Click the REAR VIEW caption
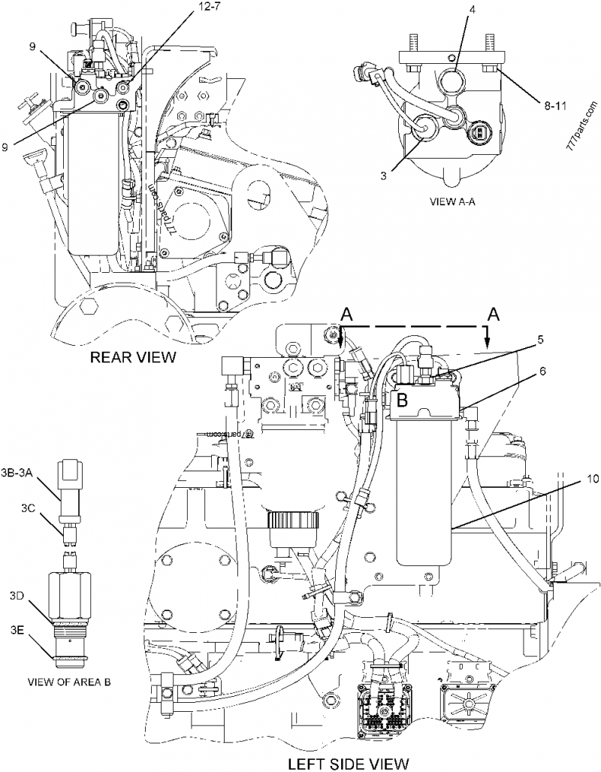pyautogui.click(x=133, y=357)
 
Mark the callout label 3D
pyautogui.click(x=18, y=596)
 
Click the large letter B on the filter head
pyautogui.click(x=403, y=401)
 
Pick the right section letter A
pyautogui.click(x=494, y=313)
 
